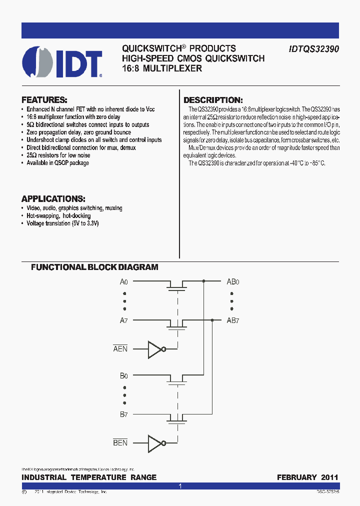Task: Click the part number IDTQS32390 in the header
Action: click(313, 49)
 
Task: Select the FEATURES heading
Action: click(44, 99)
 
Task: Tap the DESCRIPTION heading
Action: click(213, 100)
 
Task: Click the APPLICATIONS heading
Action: click(53, 198)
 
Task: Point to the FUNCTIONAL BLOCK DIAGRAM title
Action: click(94, 267)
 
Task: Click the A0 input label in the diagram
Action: click(124, 282)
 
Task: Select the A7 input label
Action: click(124, 320)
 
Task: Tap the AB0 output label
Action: click(233, 282)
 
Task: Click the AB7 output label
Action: click(233, 320)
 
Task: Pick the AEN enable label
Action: click(120, 349)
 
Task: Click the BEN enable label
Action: click(120, 442)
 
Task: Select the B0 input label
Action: click(124, 375)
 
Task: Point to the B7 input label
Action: click(124, 413)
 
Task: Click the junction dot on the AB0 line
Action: click(203, 281)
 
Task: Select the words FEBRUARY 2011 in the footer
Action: click(307, 477)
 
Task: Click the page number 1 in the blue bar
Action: click(180, 486)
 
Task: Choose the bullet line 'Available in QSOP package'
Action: click(57, 163)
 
